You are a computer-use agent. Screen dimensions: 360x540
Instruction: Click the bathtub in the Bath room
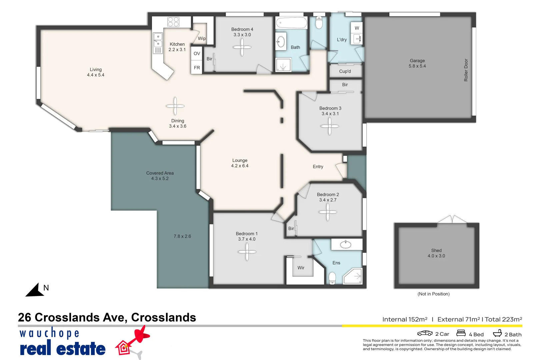pos(291,23)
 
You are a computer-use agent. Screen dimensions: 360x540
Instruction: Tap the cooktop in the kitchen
pos(173,22)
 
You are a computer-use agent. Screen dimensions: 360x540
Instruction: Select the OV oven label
pos(197,53)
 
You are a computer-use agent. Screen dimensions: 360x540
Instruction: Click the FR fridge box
pos(197,68)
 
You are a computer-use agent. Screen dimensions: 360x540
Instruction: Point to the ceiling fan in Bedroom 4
pos(242,47)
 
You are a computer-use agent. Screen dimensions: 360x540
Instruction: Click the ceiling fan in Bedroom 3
pos(329,126)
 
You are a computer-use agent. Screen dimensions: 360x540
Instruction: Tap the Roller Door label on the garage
pos(466,70)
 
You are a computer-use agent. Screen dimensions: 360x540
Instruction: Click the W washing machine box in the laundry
pos(357,28)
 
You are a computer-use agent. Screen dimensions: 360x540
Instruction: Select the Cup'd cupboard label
pos(345,71)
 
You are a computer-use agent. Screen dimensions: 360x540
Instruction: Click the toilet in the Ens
pos(332,278)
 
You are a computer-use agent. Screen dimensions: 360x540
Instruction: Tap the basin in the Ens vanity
pos(346,245)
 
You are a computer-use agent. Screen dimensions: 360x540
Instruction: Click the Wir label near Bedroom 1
pos(301,268)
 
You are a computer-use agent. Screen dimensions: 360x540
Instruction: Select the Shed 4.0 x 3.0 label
pos(436,253)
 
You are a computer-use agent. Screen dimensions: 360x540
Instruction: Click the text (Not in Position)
pos(433,294)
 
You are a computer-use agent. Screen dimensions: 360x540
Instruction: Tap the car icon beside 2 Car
pos(425,333)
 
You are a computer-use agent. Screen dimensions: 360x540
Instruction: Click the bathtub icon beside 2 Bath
pos(497,333)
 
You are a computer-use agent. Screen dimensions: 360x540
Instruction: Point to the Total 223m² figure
pos(503,319)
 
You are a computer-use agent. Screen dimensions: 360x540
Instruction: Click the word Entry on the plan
pos(318,167)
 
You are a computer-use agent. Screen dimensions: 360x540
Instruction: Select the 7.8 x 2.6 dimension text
pos(182,236)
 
